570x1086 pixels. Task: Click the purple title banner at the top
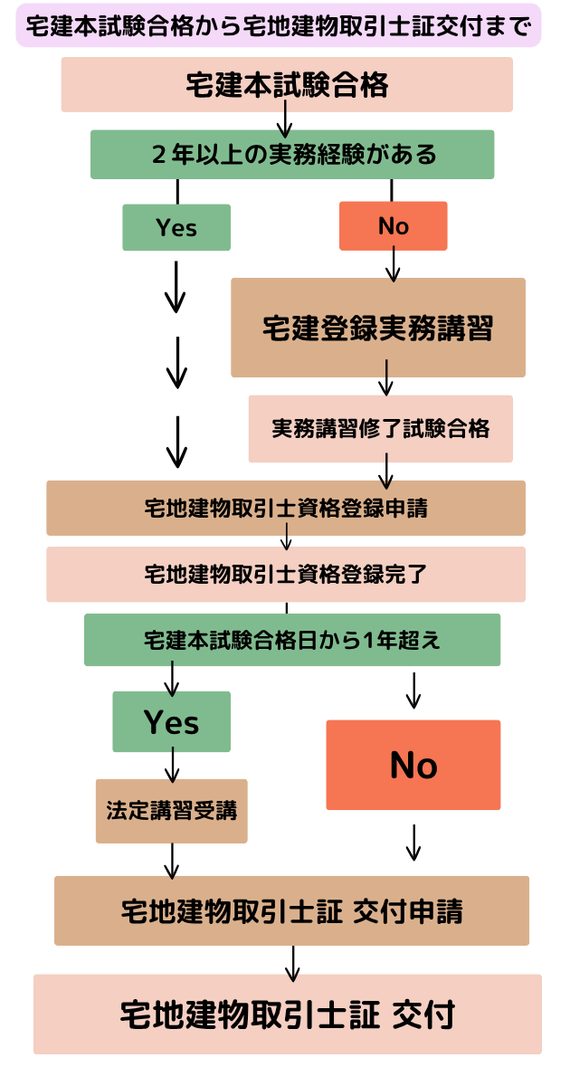pyautogui.click(x=279, y=26)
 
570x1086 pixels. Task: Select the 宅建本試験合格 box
pyautogui.click(x=287, y=85)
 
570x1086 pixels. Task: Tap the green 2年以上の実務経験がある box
pyautogui.click(x=292, y=155)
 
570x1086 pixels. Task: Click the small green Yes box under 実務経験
pyautogui.click(x=176, y=227)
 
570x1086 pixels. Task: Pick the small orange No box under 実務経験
pyautogui.click(x=393, y=226)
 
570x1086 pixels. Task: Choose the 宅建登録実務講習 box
pyautogui.click(x=378, y=328)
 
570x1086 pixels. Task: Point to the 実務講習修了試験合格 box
pyautogui.click(x=381, y=429)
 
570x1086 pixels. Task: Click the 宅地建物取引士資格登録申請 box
pyautogui.click(x=286, y=508)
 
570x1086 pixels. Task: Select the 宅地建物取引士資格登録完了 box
pyautogui.click(x=286, y=574)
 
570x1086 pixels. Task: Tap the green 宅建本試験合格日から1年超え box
pyautogui.click(x=292, y=640)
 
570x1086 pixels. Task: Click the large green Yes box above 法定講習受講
pyautogui.click(x=172, y=722)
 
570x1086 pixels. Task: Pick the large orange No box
pyautogui.click(x=413, y=765)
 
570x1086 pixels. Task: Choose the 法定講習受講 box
pyautogui.click(x=172, y=811)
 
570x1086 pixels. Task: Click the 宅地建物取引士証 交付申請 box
pyautogui.click(x=291, y=910)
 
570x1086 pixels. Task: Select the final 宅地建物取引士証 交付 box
pyautogui.click(x=288, y=1015)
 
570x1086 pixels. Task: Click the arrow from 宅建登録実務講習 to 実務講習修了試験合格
pyautogui.click(x=386, y=378)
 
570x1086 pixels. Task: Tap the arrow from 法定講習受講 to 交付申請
pyautogui.click(x=172, y=861)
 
